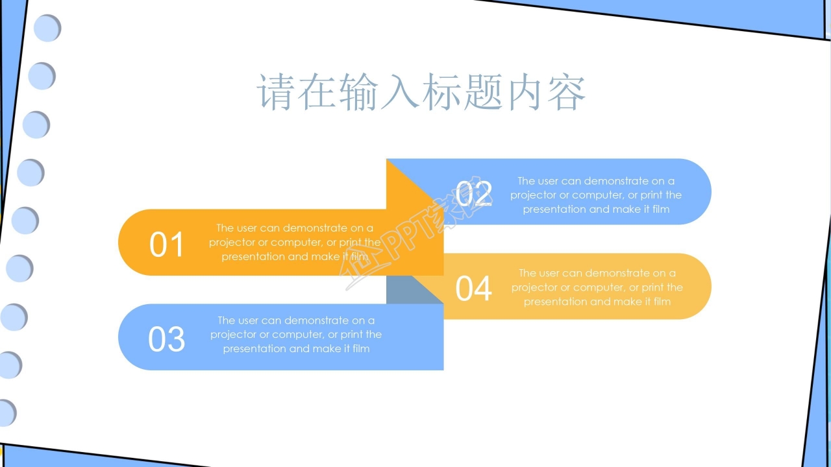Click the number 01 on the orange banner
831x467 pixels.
point(167,245)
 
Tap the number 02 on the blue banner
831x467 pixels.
point(474,193)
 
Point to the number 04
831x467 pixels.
point(474,289)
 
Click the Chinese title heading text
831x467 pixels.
point(422,92)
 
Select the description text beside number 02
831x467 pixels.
point(596,195)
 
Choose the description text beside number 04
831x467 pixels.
point(597,287)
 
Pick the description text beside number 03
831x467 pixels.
point(296,334)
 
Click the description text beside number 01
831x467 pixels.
point(295,242)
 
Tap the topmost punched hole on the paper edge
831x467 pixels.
point(47,29)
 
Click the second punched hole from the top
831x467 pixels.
point(42,76)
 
